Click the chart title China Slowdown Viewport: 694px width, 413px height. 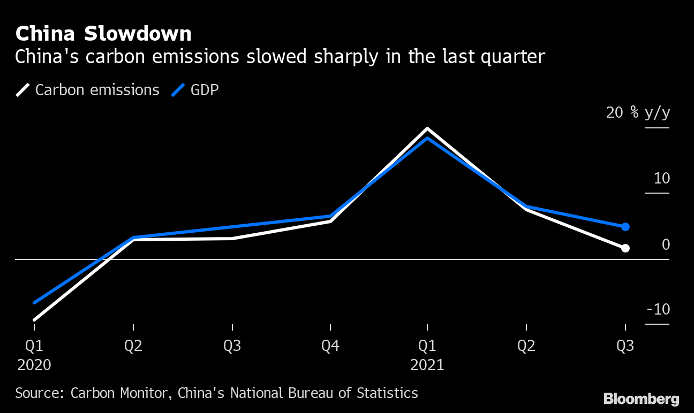[x=103, y=34]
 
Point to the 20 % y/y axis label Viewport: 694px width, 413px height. [x=637, y=113]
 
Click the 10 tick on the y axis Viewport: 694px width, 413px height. [x=661, y=179]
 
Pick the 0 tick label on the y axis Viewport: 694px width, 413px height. [x=666, y=244]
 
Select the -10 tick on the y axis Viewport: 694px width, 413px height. [x=658, y=310]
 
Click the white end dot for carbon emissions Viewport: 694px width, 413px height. [x=625, y=248]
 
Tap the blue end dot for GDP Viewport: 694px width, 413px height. [x=625, y=227]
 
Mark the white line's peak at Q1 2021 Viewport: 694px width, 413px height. [x=427, y=129]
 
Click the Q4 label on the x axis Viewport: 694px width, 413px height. [x=330, y=346]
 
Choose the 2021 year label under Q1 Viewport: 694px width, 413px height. [x=427, y=365]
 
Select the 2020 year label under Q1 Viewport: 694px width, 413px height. [x=34, y=365]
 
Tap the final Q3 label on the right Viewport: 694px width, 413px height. [x=625, y=346]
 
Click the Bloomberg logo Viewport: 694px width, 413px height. [x=641, y=399]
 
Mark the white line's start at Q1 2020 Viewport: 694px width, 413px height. [x=34, y=320]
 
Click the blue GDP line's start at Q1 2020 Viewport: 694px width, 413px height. [x=34, y=303]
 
